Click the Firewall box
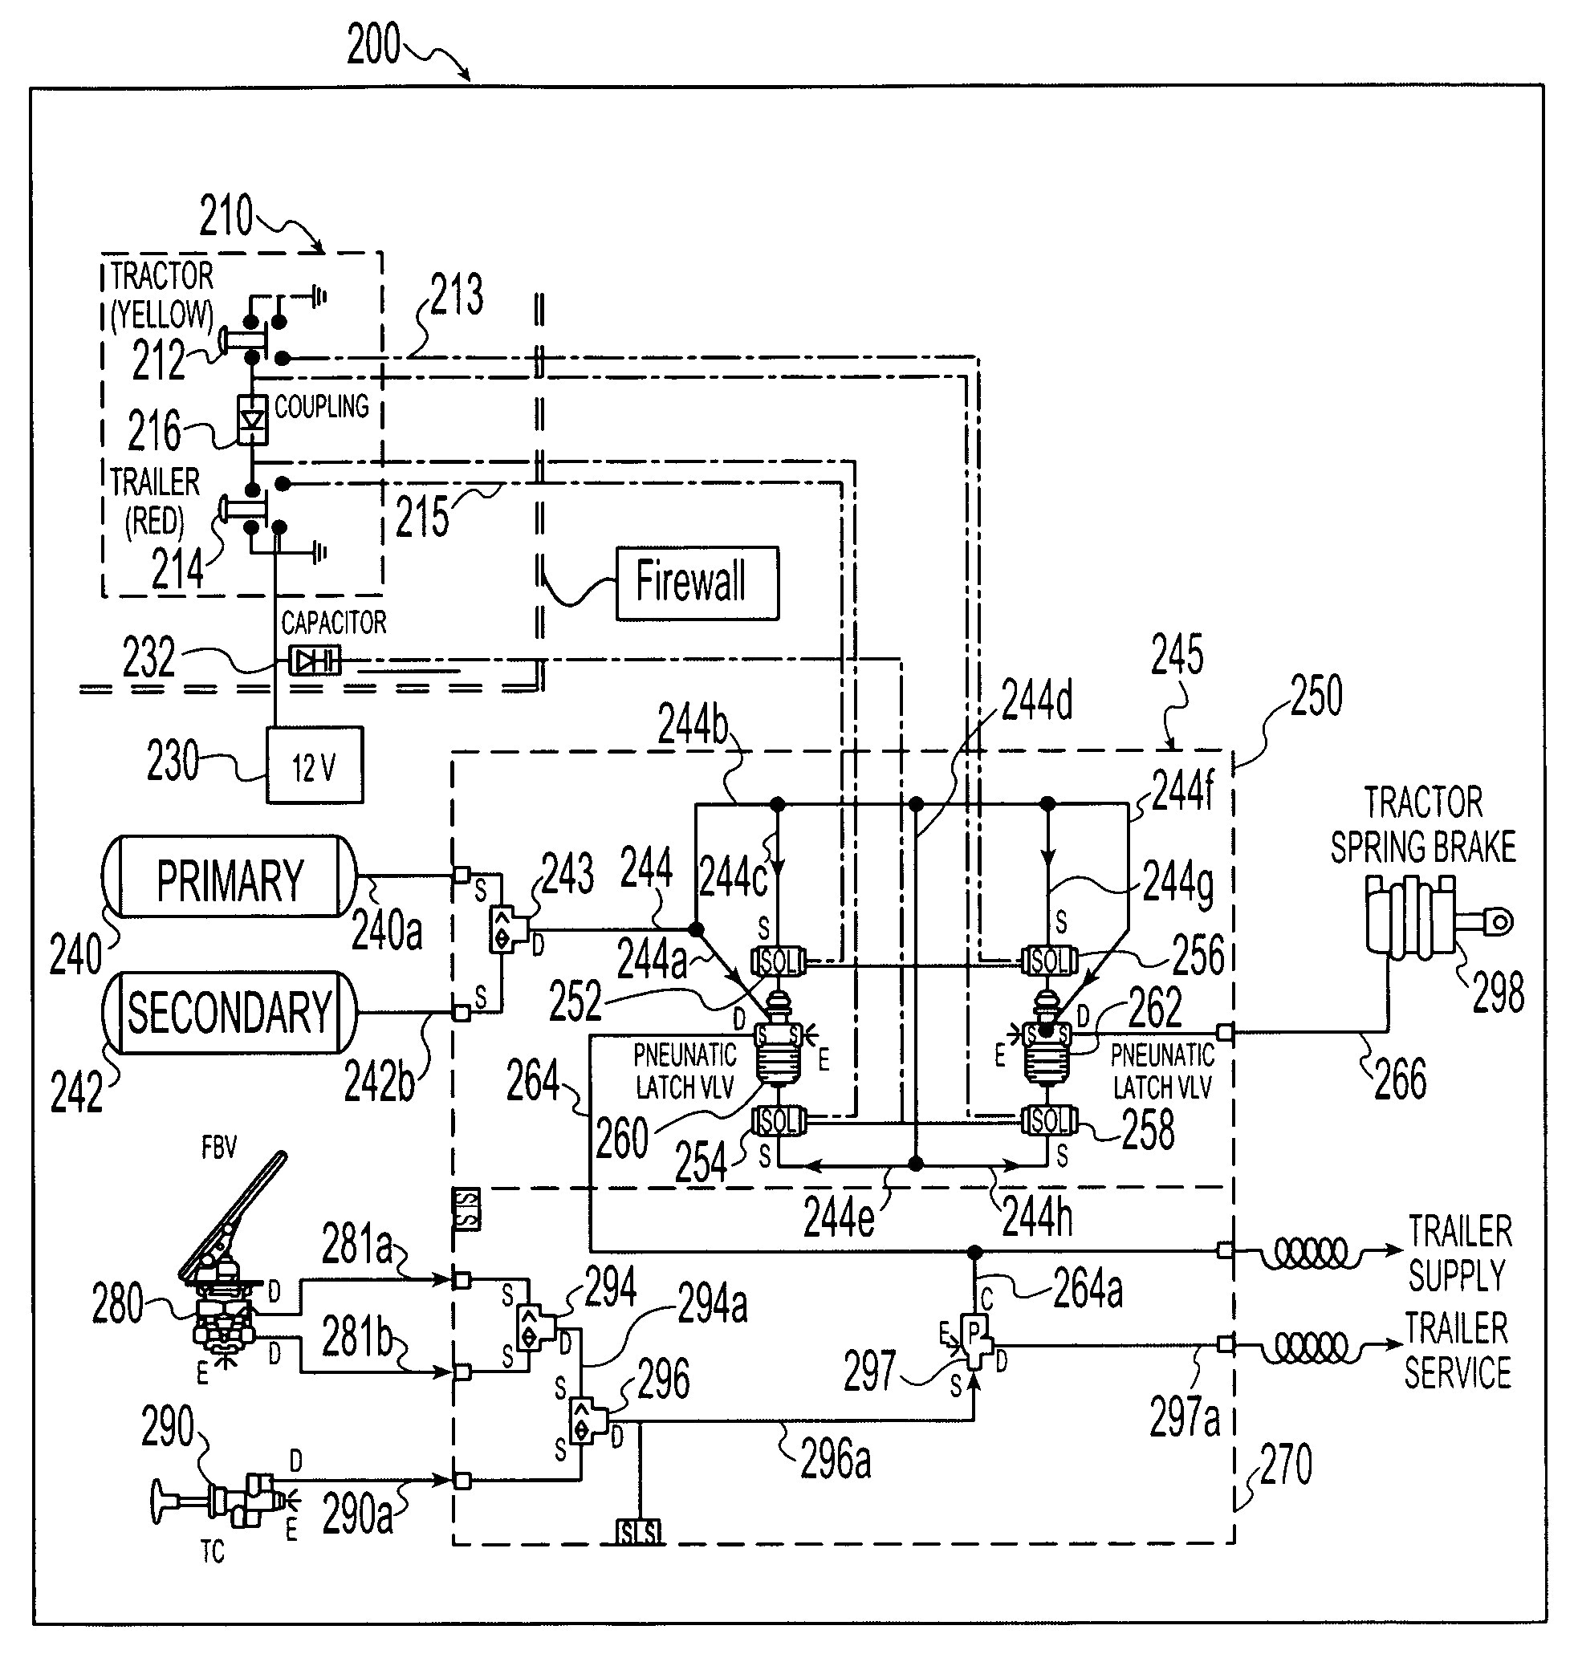tap(697, 583)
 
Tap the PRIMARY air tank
tap(229, 877)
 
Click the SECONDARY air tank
tap(229, 1013)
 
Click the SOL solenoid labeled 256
tap(1049, 960)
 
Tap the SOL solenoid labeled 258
tap(1049, 1120)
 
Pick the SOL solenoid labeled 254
tap(778, 1120)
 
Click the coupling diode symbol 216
tap(252, 420)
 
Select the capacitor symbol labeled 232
tap(315, 660)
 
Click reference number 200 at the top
tap(373, 46)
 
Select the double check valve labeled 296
tap(586, 1420)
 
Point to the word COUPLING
tap(321, 407)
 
